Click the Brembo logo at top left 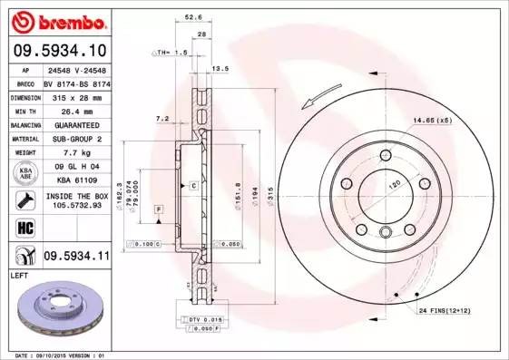click(60, 20)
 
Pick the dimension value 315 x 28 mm click(76, 96)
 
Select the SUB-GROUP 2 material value click(76, 139)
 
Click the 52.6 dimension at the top click(191, 15)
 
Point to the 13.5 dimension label click(219, 67)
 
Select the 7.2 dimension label click(162, 119)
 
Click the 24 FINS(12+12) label click(445, 312)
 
